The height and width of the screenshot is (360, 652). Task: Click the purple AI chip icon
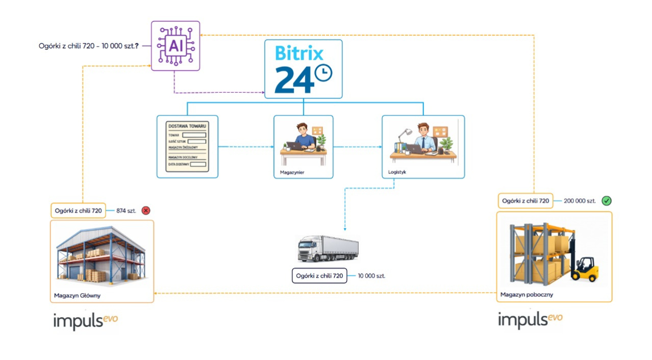pyautogui.click(x=175, y=46)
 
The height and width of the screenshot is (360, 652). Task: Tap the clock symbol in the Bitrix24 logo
pyautogui.click(x=323, y=73)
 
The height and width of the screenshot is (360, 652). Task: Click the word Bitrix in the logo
pyautogui.click(x=299, y=54)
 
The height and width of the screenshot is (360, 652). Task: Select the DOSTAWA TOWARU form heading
pyautogui.click(x=187, y=125)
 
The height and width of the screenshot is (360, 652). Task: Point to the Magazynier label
pyautogui.click(x=292, y=172)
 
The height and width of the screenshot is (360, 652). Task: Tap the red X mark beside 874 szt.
pyautogui.click(x=146, y=210)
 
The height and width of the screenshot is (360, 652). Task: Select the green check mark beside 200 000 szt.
pyautogui.click(x=607, y=201)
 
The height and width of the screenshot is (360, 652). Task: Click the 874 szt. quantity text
pyautogui.click(x=126, y=211)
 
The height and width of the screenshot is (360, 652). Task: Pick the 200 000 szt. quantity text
pyautogui.click(x=580, y=201)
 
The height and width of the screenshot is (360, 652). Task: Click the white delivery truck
pyautogui.click(x=328, y=248)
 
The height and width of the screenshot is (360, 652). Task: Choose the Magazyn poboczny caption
pyautogui.click(x=526, y=294)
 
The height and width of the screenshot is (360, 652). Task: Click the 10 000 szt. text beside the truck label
pyautogui.click(x=371, y=276)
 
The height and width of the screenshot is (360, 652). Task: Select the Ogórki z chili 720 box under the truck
pyautogui.click(x=319, y=276)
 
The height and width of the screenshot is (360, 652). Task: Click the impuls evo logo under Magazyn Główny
pyautogui.click(x=85, y=321)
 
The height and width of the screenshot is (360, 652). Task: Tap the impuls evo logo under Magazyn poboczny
pyautogui.click(x=530, y=320)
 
